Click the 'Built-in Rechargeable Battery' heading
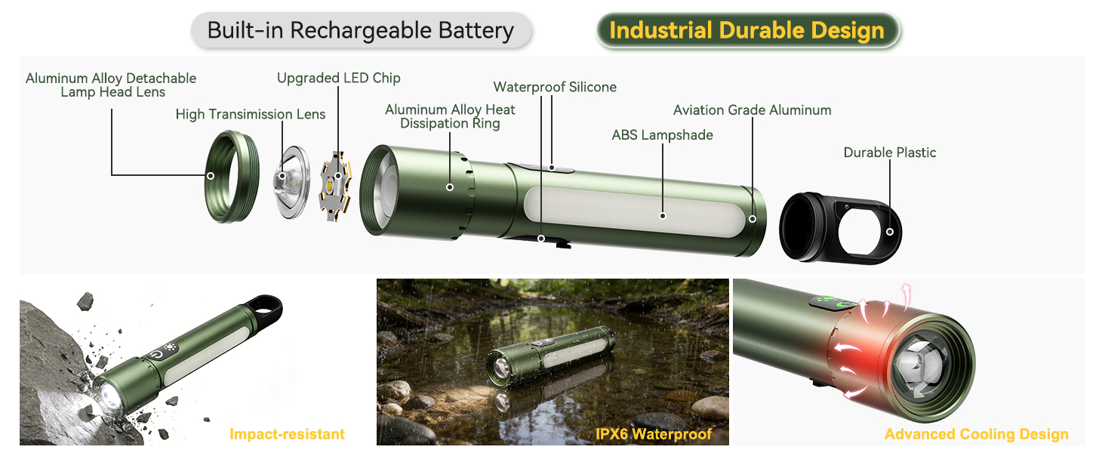360,31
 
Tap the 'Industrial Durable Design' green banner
746,31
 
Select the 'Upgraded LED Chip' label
338,78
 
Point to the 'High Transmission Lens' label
251,114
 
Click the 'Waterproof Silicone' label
555,87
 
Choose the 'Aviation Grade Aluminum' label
752,110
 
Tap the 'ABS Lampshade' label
662,135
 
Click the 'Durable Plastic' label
889,153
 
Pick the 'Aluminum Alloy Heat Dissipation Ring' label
450,116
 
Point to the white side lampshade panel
634,213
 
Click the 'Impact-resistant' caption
287,434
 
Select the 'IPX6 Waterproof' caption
652,434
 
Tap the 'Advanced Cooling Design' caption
976,434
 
